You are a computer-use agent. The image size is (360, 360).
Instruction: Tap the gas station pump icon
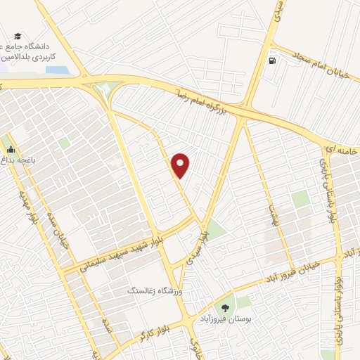click(272, 60)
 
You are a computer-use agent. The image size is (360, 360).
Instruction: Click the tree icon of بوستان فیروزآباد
click(226, 307)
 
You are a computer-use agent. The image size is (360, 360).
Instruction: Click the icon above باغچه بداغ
click(10, 149)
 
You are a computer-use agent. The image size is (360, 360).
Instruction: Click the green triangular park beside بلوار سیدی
click(215, 229)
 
